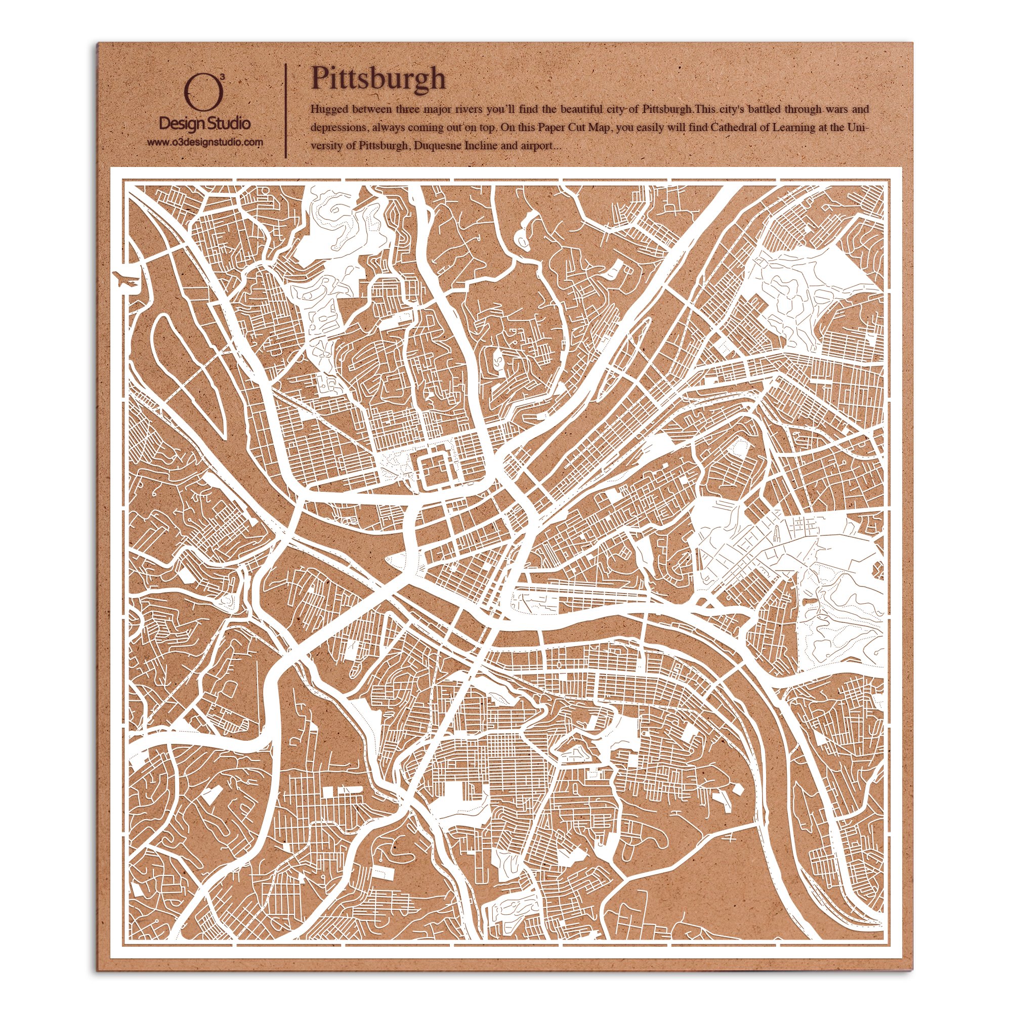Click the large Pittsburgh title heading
pos(378,78)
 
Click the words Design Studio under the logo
pos(204,123)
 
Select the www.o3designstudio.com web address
pos(204,142)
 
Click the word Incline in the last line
pos(480,146)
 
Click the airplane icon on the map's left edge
pos(125,278)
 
